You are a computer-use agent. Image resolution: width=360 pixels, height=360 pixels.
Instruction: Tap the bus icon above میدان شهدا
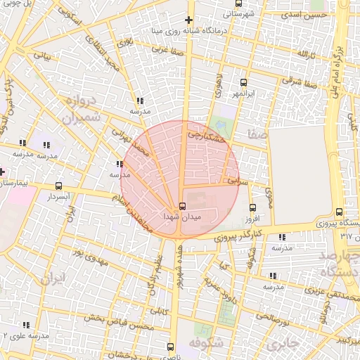(183, 206)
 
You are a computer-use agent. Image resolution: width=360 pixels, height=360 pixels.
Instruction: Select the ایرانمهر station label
(243, 94)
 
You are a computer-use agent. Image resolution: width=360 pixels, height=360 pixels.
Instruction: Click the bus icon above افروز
(252, 207)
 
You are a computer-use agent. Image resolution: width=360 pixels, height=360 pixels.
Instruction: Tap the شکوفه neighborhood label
(206, 343)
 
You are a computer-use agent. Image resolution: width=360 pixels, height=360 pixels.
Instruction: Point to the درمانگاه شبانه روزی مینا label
(187, 31)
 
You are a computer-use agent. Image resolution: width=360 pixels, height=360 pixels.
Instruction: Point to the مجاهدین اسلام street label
(134, 205)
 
